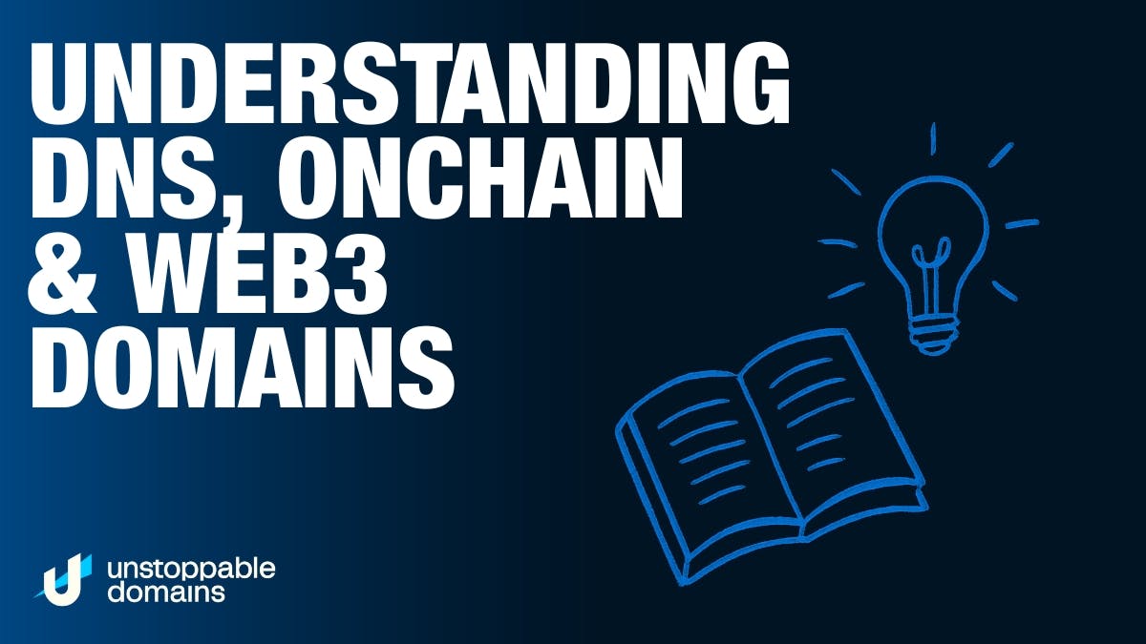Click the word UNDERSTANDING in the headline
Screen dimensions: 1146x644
411,82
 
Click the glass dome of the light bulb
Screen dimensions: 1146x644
933,240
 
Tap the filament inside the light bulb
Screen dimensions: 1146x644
932,271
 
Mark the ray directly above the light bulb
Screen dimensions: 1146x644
933,138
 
